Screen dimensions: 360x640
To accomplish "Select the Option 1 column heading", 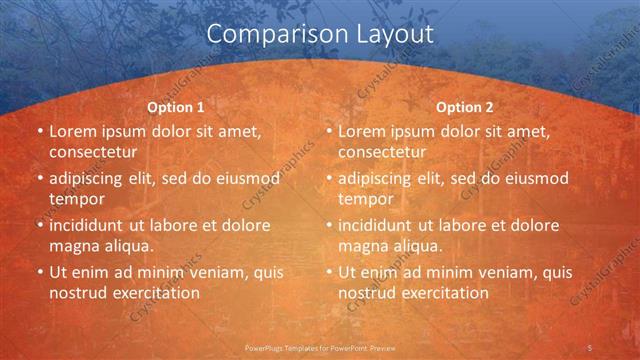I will tap(176, 107).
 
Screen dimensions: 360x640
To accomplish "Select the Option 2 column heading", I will tap(465, 107).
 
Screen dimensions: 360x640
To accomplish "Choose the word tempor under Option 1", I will tap(74, 198).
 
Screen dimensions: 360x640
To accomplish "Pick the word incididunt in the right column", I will tap(376, 225).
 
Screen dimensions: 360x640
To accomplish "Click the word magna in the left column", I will tap(73, 245).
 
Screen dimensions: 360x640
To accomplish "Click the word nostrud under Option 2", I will tap(369, 293).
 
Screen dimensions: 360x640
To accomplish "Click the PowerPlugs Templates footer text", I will tap(320, 348).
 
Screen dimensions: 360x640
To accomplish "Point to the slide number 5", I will tap(590, 347).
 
